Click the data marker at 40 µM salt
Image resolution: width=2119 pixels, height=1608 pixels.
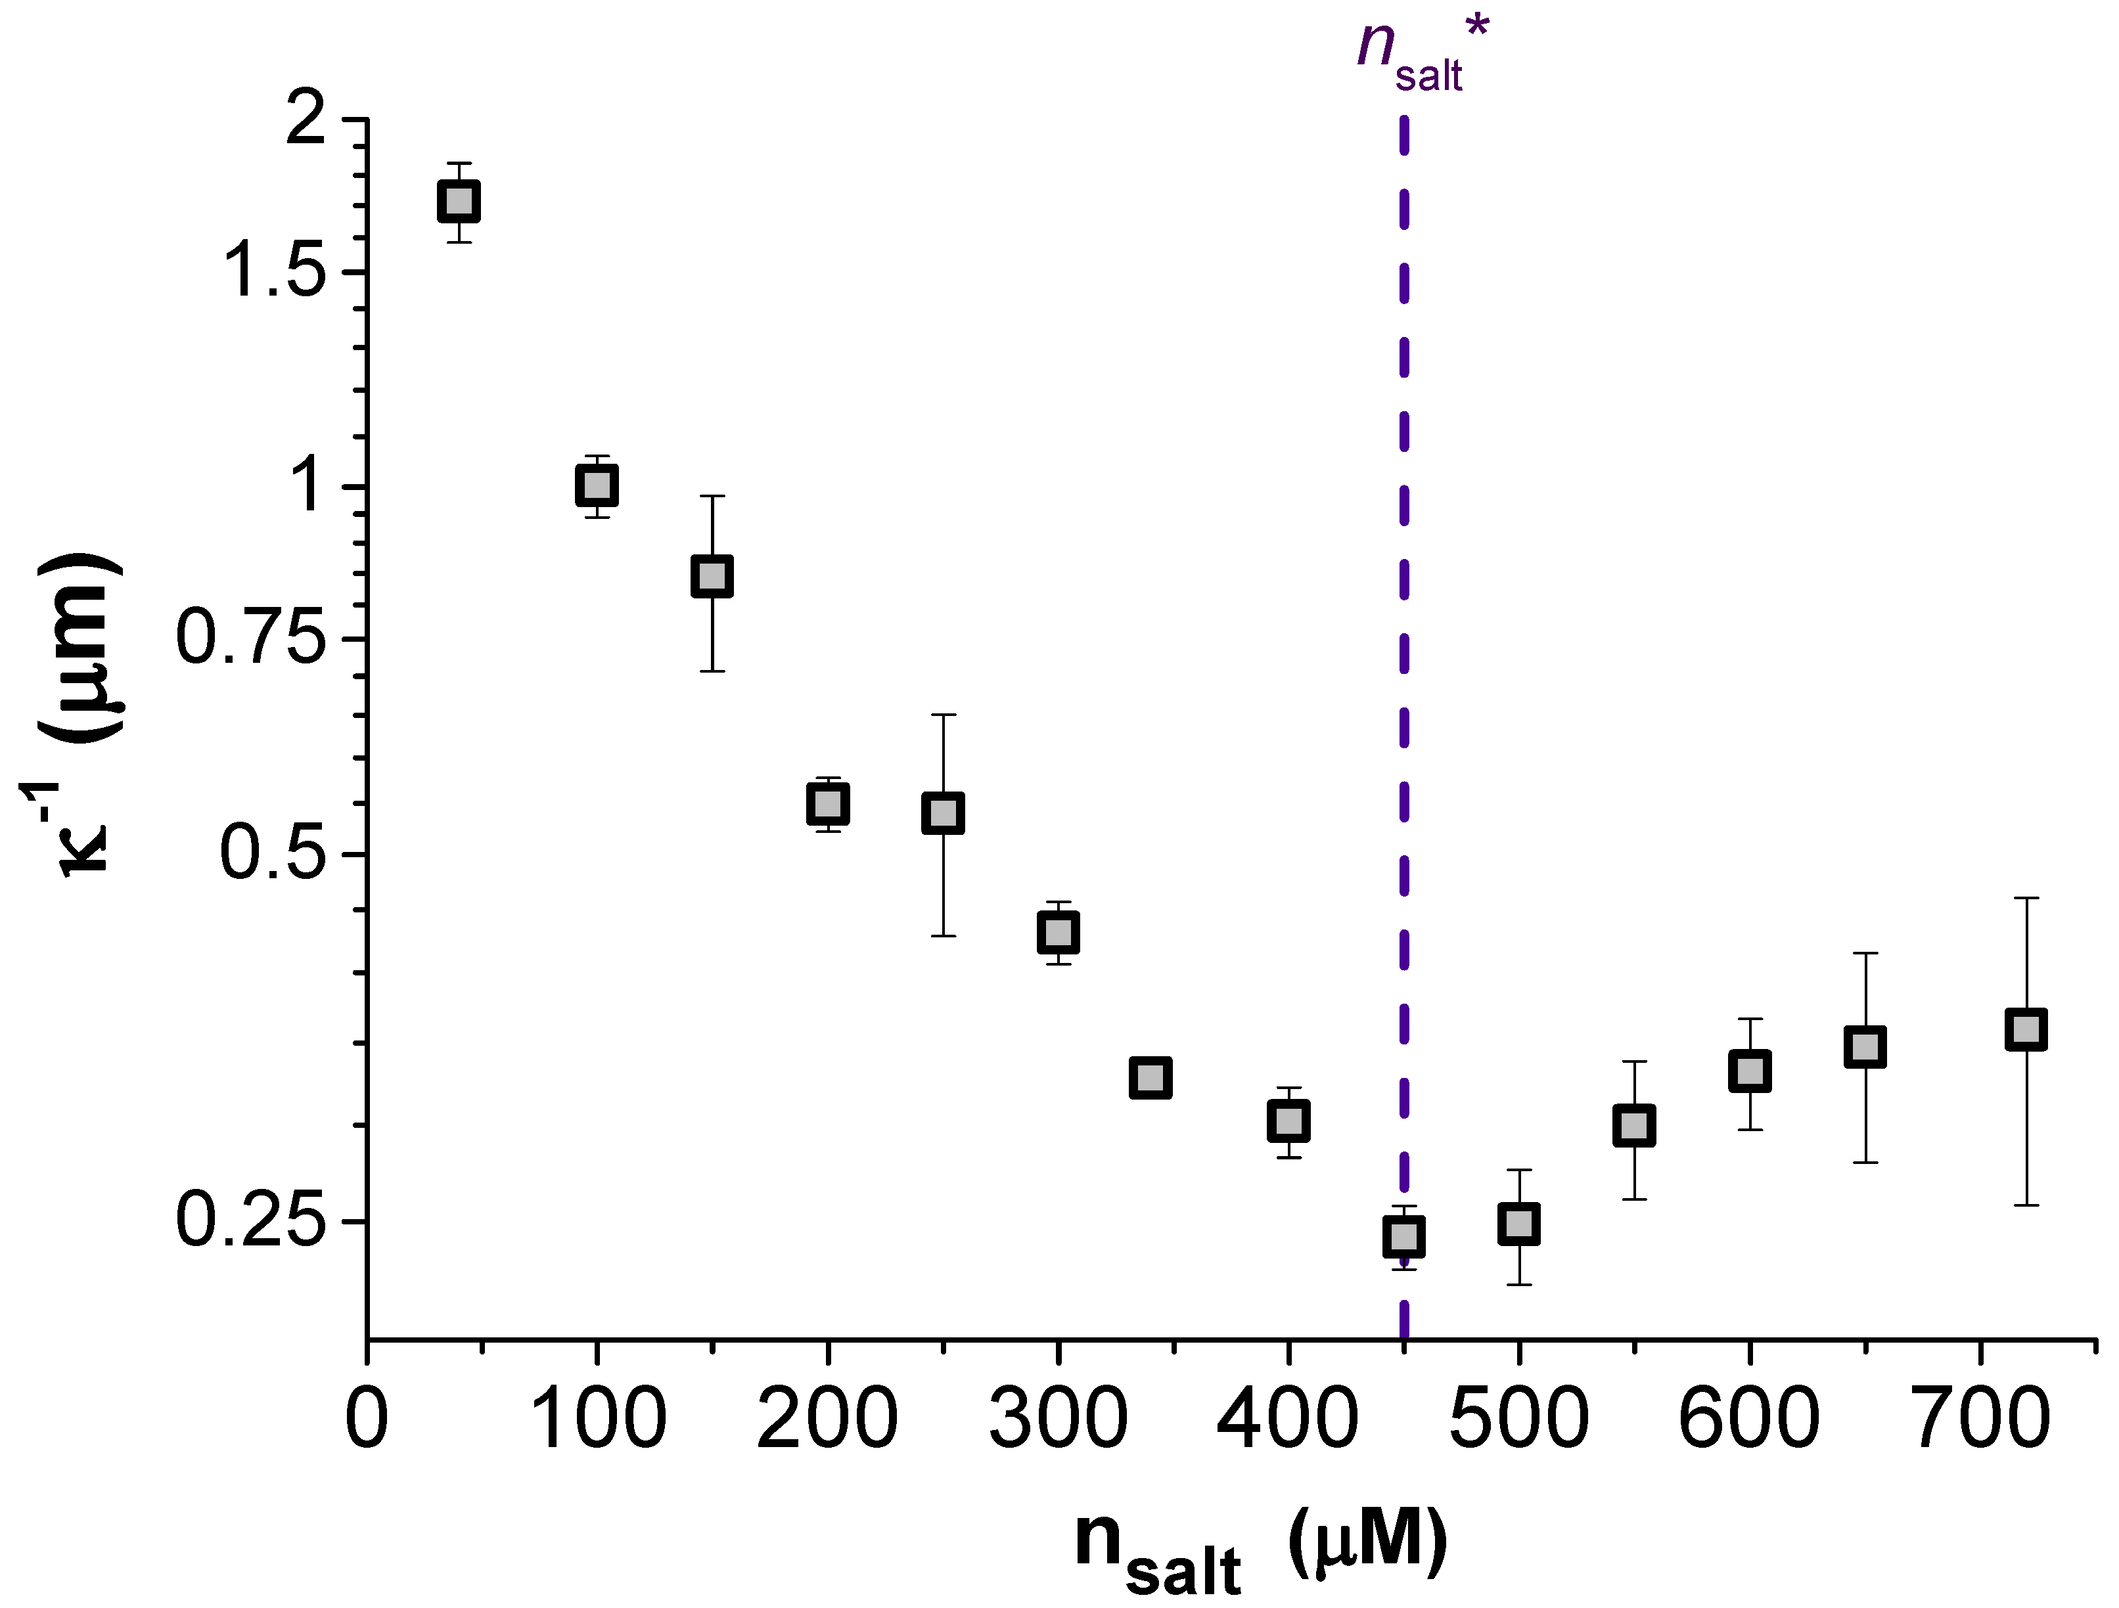458,202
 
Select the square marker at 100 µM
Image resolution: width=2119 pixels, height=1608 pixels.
596,485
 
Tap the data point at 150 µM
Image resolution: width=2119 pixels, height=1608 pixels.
712,577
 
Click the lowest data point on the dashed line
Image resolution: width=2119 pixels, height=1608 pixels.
1403,1236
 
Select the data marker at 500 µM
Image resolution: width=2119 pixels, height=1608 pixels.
1518,1224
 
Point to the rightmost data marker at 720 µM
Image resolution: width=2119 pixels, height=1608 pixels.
2026,1029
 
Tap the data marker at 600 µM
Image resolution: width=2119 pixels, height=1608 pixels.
1749,1070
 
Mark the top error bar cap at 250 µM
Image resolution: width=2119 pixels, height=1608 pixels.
943,715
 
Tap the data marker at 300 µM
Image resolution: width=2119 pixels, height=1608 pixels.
1058,932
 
